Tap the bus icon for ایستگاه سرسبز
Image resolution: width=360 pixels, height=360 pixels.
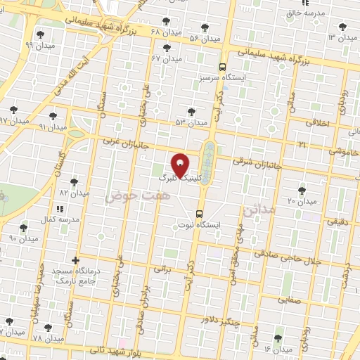click(222, 67)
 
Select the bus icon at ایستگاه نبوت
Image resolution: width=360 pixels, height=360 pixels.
click(200, 213)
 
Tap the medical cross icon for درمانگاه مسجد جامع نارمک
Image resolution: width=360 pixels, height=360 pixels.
click(75, 260)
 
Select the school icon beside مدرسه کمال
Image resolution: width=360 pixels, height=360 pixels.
click(60, 209)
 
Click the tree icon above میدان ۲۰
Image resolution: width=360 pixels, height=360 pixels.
click(302, 191)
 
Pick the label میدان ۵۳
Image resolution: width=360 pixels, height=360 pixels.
click(192, 123)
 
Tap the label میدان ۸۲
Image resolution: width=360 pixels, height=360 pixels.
click(74, 192)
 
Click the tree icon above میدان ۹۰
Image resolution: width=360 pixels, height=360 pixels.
click(24, 228)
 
